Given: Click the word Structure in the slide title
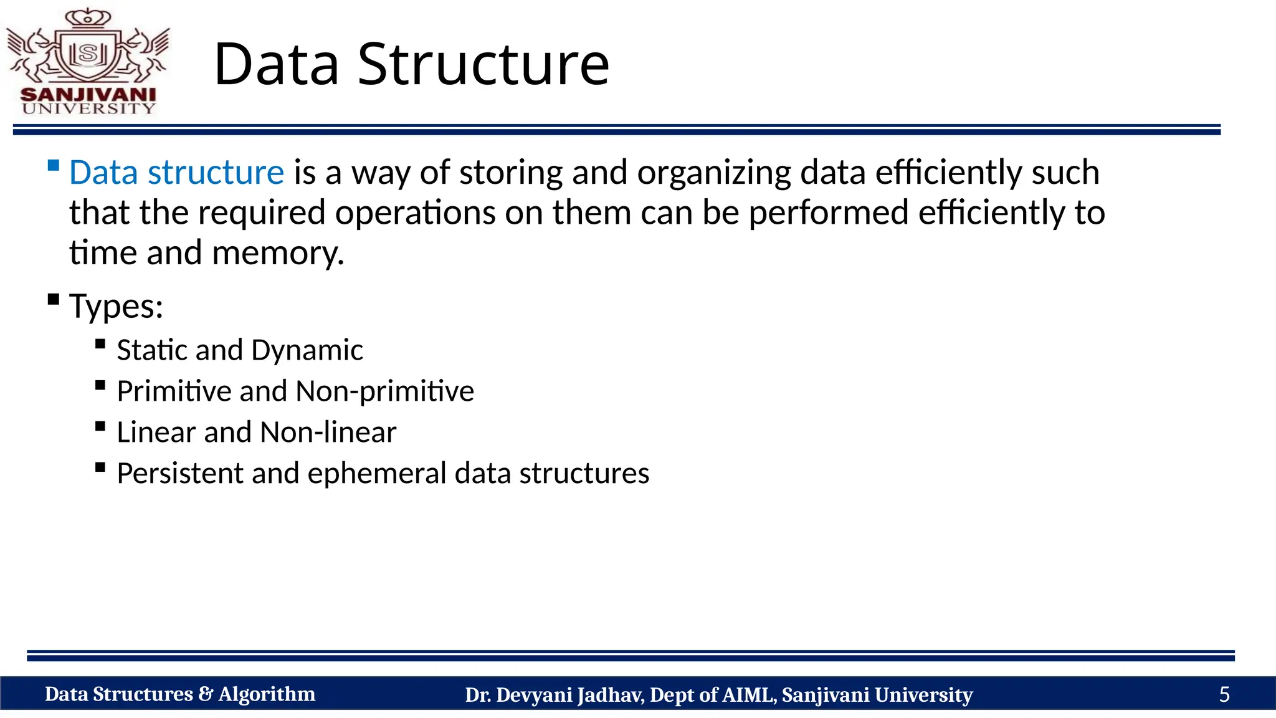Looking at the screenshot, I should coord(483,64).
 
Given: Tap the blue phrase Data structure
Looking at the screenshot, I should coord(176,173).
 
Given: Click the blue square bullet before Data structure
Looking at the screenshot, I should coord(54,166).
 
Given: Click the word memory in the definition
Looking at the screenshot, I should coord(278,254).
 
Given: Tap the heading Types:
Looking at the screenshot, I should coord(116,306).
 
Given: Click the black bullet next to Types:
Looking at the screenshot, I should coord(54,300).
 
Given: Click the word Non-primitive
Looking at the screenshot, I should coord(384,391).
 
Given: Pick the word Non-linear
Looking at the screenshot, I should coord(328,433).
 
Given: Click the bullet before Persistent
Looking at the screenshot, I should coord(100,467).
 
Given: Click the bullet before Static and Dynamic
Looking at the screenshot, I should coord(100,344).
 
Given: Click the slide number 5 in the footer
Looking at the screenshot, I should coord(1224,694).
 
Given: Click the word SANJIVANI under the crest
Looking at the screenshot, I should coord(88,95).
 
